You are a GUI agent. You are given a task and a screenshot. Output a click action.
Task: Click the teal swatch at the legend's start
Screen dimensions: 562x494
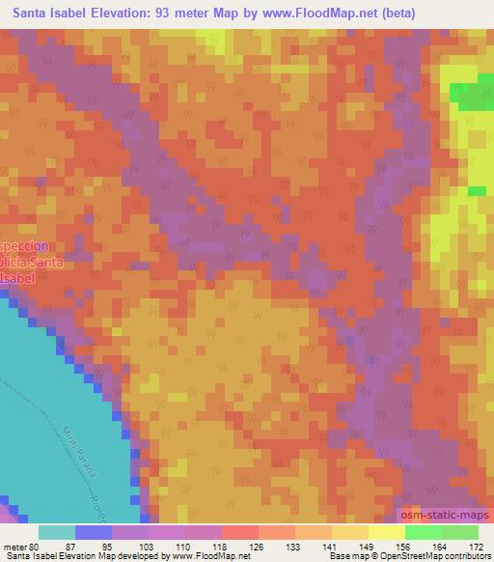(x=57, y=531)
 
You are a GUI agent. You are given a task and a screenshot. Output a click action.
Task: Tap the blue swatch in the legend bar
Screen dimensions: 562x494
(x=94, y=531)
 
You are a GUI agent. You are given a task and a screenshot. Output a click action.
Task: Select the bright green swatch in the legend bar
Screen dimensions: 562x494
(x=423, y=531)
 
